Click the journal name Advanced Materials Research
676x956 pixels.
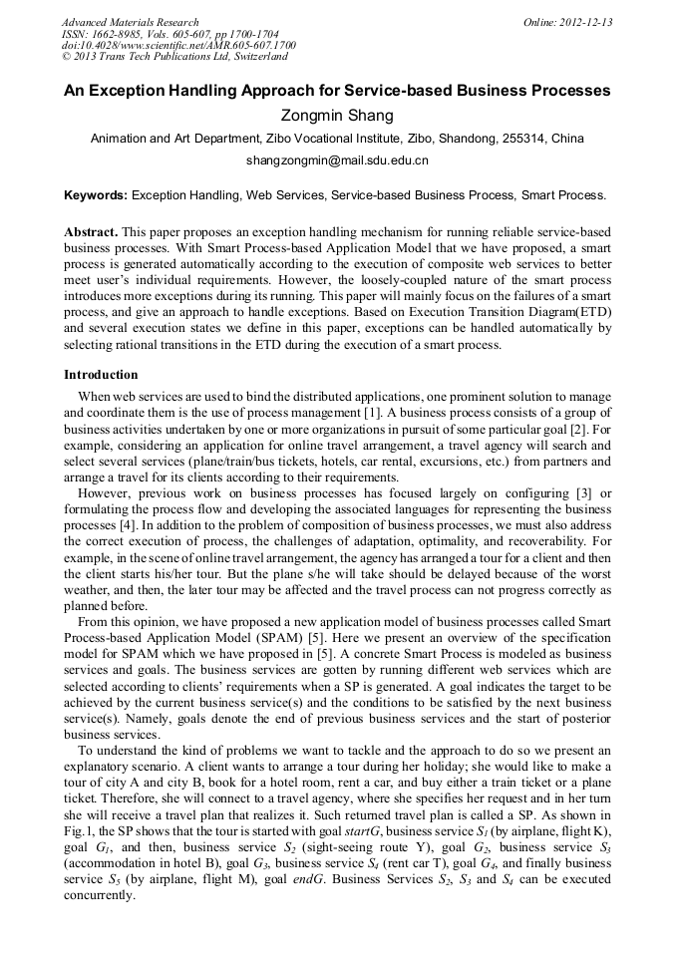[130, 22]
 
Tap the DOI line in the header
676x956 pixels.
[178, 46]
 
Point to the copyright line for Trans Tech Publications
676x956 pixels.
[174, 57]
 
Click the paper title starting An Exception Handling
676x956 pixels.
[337, 91]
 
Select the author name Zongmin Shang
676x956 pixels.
[337, 116]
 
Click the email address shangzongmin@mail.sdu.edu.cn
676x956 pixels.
[337, 159]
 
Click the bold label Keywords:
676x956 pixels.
[96, 196]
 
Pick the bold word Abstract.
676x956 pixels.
[92, 231]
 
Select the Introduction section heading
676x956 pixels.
[101, 375]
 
